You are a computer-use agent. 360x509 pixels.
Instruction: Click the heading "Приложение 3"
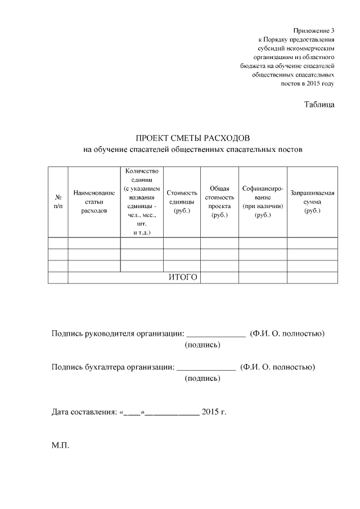pyautogui.click(x=313, y=30)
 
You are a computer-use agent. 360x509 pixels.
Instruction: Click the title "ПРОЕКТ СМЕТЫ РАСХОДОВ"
pyautogui.click(x=192, y=138)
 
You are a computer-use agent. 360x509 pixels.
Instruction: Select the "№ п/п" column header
pyautogui.click(x=58, y=202)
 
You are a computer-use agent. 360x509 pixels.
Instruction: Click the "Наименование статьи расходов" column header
pyautogui.click(x=94, y=202)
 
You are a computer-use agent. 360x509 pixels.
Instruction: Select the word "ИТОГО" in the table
pyautogui.click(x=183, y=277)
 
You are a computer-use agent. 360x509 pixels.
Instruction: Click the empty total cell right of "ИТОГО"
pyautogui.click(x=219, y=277)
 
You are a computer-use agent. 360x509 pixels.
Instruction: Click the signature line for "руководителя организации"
pyautogui.click(x=216, y=334)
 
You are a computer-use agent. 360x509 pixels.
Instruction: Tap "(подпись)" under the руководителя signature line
pyautogui.click(x=202, y=344)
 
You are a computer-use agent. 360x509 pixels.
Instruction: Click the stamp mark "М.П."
pyautogui.click(x=60, y=445)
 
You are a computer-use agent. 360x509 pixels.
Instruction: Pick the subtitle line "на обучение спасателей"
pyautogui.click(x=192, y=150)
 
